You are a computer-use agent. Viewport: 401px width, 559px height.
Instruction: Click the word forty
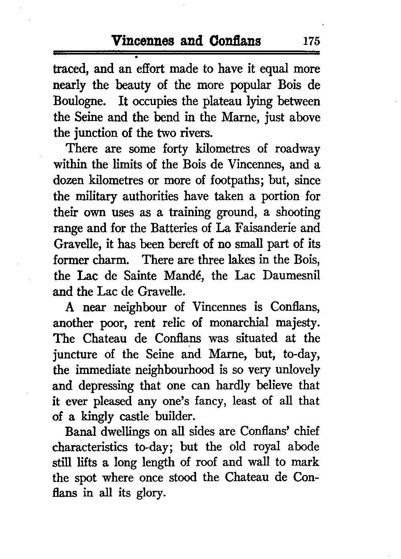point(175,149)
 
